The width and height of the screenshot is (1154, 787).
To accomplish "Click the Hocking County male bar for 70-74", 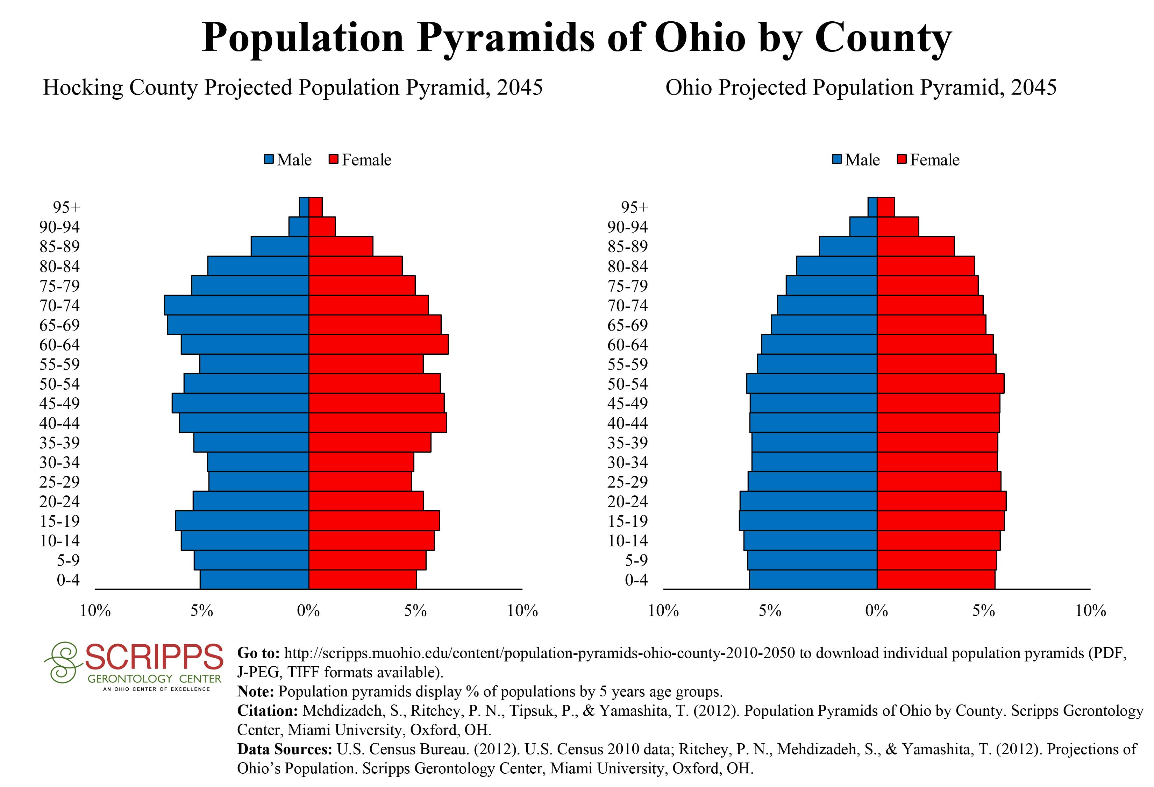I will (236, 305).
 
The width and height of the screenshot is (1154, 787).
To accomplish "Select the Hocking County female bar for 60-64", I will (378, 344).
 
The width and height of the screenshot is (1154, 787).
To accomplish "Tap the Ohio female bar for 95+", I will (886, 207).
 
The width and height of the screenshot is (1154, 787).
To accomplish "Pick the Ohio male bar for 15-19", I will (808, 521).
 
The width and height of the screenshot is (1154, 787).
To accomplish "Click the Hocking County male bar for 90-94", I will (299, 226).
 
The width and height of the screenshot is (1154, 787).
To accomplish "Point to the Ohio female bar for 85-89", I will (916, 246).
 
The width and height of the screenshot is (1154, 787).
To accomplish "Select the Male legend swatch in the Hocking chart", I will (269, 160).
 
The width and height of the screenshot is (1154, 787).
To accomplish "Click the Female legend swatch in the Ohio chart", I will (902, 160).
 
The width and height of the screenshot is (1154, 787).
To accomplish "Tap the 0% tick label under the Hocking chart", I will (308, 611).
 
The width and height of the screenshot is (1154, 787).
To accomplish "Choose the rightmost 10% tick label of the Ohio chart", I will (1090, 611).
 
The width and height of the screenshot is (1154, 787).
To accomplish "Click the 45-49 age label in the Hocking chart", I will (59, 403).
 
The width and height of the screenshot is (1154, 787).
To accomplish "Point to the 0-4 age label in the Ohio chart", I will (636, 580).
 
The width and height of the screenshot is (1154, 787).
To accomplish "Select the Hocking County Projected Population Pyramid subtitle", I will (293, 88).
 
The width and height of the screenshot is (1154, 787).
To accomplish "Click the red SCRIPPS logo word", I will (154, 657).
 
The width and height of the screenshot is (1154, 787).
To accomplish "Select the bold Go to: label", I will (258, 653).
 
